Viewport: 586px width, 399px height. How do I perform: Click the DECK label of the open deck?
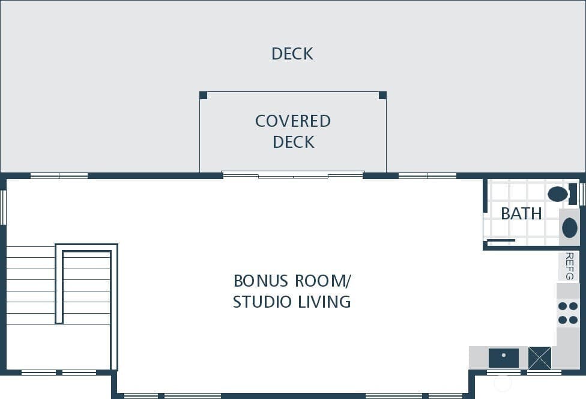292,53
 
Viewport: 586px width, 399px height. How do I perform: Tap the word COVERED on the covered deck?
292,121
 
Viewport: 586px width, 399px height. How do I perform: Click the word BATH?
521,213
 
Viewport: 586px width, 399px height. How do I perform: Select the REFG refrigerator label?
569,266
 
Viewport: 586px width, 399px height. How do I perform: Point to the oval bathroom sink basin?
570,227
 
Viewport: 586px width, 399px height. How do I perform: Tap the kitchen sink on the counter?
503,358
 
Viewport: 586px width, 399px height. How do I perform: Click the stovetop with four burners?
568,313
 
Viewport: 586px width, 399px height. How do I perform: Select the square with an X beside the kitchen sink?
539,358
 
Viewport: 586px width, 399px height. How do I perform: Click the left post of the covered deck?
204,96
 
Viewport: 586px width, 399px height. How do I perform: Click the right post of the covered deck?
382,96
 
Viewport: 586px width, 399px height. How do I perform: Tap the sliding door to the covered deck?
293,175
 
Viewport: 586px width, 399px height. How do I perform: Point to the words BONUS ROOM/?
292,281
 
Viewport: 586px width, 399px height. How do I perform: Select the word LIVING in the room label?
324,302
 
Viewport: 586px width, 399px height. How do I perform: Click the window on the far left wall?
3,207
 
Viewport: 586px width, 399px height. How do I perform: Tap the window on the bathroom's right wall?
582,193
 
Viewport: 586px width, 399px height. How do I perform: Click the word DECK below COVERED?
294,142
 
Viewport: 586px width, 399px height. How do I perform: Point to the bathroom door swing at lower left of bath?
501,240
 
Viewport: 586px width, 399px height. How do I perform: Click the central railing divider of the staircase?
59,284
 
